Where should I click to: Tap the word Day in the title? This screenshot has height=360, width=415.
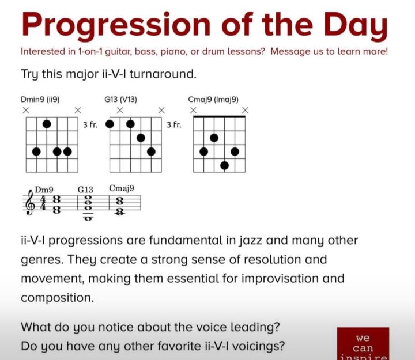[x=356, y=26]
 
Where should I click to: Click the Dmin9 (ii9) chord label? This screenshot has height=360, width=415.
[x=40, y=100]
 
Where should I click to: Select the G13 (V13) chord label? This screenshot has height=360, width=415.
[x=120, y=100]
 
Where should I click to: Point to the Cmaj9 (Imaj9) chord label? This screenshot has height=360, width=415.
[x=213, y=100]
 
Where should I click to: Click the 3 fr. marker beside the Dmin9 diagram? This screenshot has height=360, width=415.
[x=90, y=124]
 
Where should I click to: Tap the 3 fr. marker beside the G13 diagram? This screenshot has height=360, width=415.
[x=174, y=124]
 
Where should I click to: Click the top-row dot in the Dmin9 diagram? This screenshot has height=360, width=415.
[x=47, y=124]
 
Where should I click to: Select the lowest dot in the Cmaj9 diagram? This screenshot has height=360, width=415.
[x=224, y=165]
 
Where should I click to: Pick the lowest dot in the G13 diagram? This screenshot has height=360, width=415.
[x=151, y=151]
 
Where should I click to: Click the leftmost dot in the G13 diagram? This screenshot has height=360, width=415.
[x=110, y=124]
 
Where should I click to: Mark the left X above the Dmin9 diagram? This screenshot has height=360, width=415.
[x=26, y=110]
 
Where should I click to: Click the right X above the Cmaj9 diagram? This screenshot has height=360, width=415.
[x=246, y=110]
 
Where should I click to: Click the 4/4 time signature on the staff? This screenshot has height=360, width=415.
[x=43, y=203]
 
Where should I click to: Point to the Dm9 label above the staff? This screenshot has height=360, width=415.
[x=44, y=190]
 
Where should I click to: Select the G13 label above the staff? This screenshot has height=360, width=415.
[x=85, y=190]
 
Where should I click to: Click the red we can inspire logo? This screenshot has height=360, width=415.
[x=363, y=343]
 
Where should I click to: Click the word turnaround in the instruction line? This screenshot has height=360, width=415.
[x=163, y=74]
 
